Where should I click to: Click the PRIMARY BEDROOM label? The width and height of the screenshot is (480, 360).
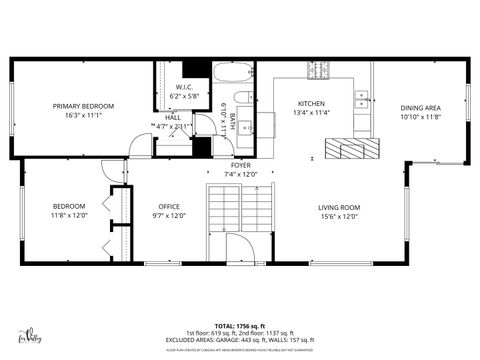pos(84,106)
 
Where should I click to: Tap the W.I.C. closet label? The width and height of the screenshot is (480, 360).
pos(184,87)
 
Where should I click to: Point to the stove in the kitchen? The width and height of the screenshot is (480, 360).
pos(317,71)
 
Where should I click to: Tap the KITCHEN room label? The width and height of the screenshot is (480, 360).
pos(312,104)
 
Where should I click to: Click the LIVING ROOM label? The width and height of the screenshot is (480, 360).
pos(339,207)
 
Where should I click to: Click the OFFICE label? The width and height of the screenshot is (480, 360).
pos(169,207)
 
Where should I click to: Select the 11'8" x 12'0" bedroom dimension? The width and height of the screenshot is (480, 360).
pos(70,216)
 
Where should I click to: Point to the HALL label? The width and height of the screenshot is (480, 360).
pos(173,117)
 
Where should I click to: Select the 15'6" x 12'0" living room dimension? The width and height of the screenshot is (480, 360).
pos(339,216)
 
